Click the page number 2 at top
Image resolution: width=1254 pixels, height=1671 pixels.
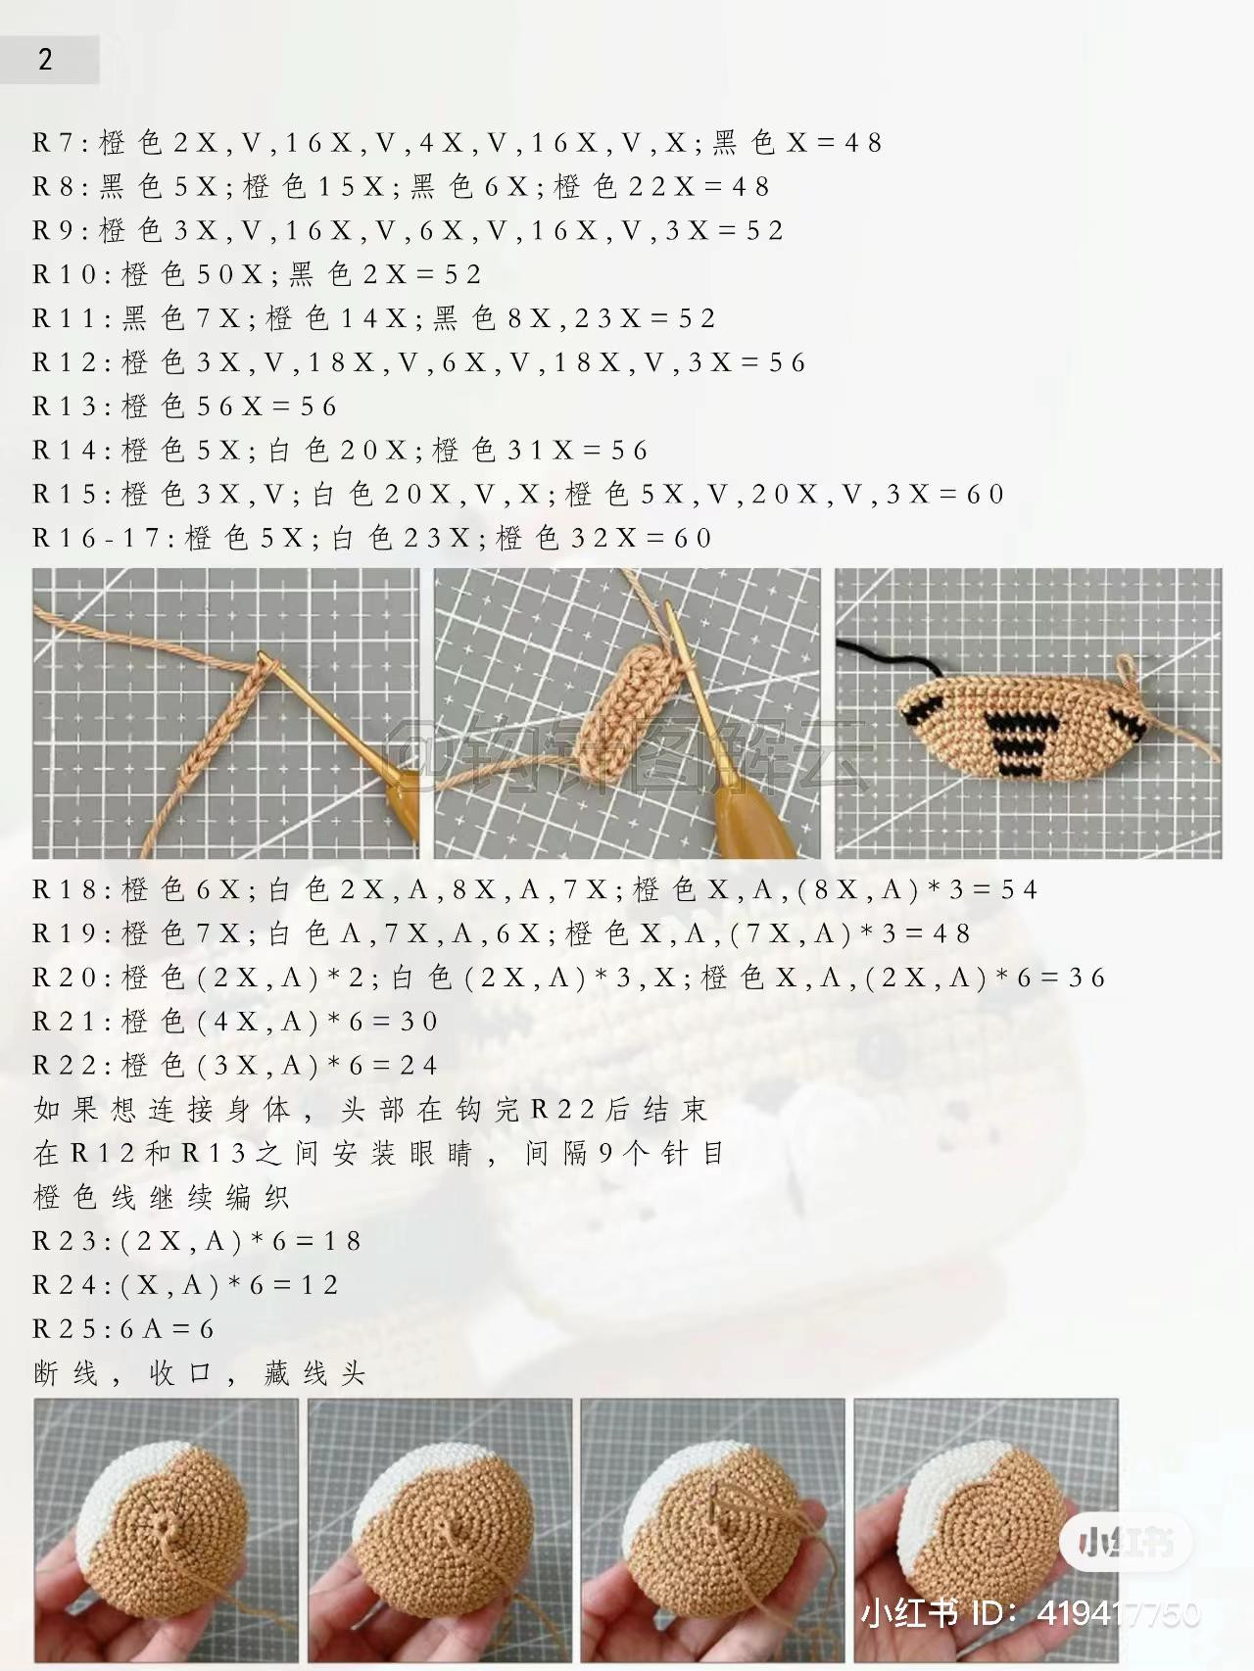tap(45, 60)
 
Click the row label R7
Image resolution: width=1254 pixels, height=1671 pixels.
tap(55, 143)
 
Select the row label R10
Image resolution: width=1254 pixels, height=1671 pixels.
tap(67, 275)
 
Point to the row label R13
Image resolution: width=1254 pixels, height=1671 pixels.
tap(67, 406)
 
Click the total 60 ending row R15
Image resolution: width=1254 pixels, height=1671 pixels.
tap(986, 495)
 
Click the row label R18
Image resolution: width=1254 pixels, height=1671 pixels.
tap(67, 890)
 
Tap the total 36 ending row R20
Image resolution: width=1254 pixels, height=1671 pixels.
tap(1086, 979)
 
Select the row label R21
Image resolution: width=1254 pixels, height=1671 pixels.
tap(67, 1023)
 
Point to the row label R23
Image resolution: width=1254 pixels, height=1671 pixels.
tap(67, 1242)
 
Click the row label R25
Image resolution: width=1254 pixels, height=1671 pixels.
tap(67, 1329)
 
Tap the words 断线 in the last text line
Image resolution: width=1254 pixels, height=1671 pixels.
tap(66, 1374)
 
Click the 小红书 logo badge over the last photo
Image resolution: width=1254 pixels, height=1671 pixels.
tap(1126, 1544)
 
